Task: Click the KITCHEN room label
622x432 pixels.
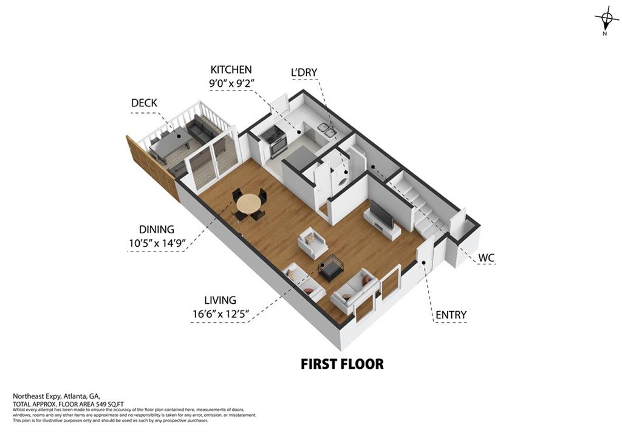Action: point(231,70)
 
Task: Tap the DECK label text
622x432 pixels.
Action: point(144,103)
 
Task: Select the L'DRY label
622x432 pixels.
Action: point(304,72)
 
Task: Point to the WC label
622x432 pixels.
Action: point(486,258)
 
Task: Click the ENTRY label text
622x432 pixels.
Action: point(451,315)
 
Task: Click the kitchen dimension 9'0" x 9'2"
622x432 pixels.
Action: point(231,83)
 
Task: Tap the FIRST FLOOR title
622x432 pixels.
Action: point(343,364)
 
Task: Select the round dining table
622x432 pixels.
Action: point(248,204)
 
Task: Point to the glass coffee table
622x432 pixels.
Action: point(331,266)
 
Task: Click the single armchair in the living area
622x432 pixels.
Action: point(313,242)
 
